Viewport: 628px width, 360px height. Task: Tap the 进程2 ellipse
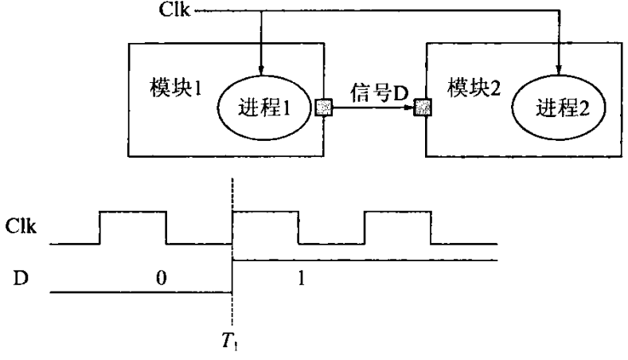click(x=558, y=107)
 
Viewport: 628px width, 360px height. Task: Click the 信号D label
click(x=380, y=93)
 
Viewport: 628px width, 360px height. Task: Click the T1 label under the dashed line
click(x=232, y=342)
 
